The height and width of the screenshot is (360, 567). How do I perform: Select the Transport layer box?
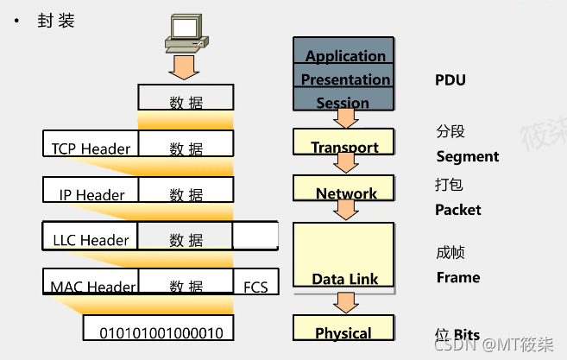click(343, 143)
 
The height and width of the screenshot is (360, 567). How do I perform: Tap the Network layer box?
click(343, 189)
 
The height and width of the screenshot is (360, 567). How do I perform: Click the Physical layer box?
click(343, 330)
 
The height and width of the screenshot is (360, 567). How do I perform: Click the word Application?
click(345, 57)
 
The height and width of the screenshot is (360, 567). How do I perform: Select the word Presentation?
click(345, 79)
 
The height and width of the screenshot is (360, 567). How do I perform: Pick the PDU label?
click(450, 80)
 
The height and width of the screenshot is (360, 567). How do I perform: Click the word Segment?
click(468, 156)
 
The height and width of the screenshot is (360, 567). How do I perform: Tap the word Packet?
click(458, 210)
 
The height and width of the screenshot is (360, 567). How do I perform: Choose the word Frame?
click(458, 277)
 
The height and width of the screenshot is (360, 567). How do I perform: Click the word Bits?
click(466, 335)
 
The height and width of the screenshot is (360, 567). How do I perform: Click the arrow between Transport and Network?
click(346, 164)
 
